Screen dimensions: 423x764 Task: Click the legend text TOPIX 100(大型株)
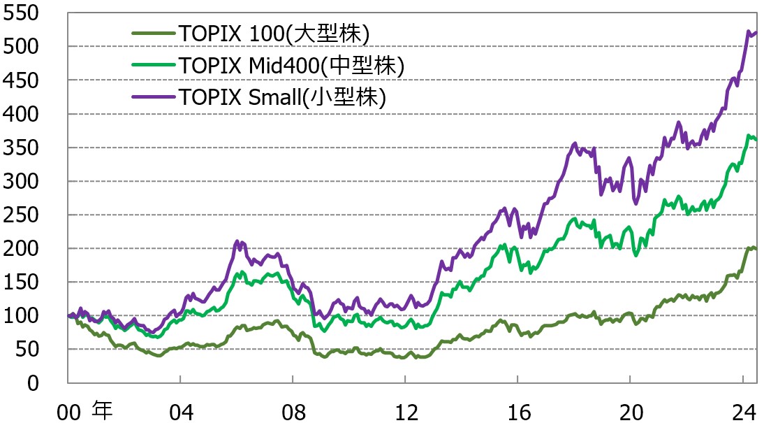(x=273, y=33)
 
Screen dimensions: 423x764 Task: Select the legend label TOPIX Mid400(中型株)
(x=291, y=65)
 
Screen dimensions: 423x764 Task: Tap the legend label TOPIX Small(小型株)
(x=282, y=96)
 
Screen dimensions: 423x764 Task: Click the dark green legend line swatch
(x=153, y=33)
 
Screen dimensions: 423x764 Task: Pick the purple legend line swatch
(x=153, y=96)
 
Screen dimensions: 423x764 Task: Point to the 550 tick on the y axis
(x=21, y=13)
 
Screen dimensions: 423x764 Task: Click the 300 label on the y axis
(x=21, y=181)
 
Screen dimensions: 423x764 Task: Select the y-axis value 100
(x=21, y=315)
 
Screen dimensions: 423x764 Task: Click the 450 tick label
(x=21, y=80)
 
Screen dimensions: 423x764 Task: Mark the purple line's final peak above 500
(x=749, y=31)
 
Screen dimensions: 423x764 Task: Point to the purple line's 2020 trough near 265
(x=636, y=203)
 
